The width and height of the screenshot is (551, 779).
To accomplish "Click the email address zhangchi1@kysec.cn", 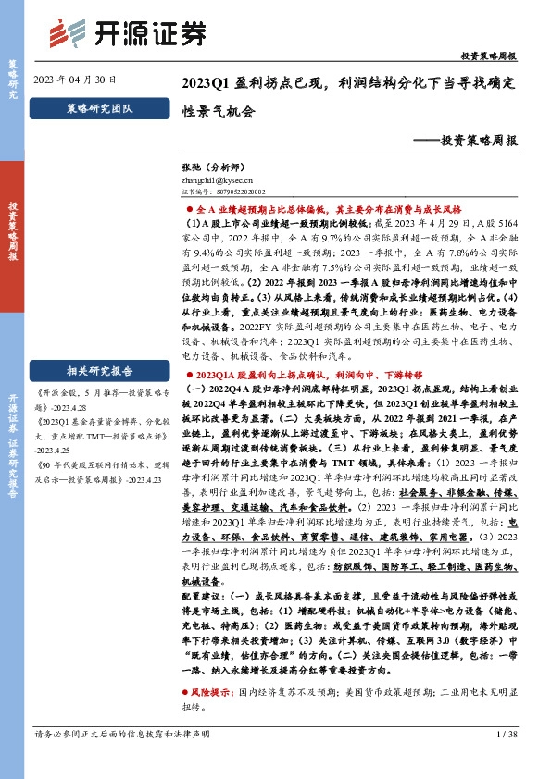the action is (217, 183).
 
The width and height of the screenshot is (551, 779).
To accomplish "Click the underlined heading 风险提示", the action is (209, 692).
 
